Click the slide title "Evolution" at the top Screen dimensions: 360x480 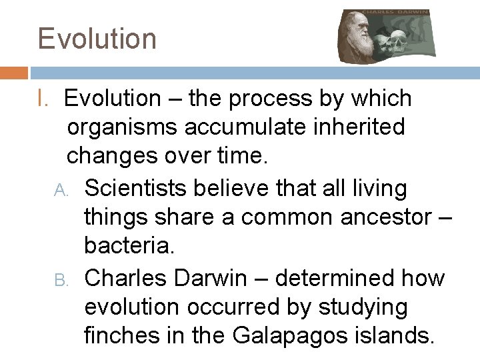click(x=97, y=39)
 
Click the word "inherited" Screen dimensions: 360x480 click(x=365, y=127)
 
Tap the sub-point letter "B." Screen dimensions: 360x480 click(x=61, y=279)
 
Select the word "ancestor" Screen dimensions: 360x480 click(x=379, y=218)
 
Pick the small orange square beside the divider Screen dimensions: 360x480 click(x=14, y=73)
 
